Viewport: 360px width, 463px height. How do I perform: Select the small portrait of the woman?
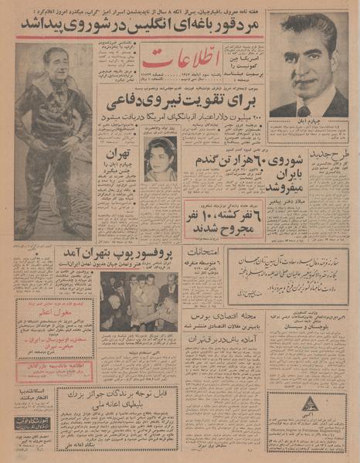[161, 158]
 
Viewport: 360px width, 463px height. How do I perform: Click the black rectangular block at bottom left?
[32, 422]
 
